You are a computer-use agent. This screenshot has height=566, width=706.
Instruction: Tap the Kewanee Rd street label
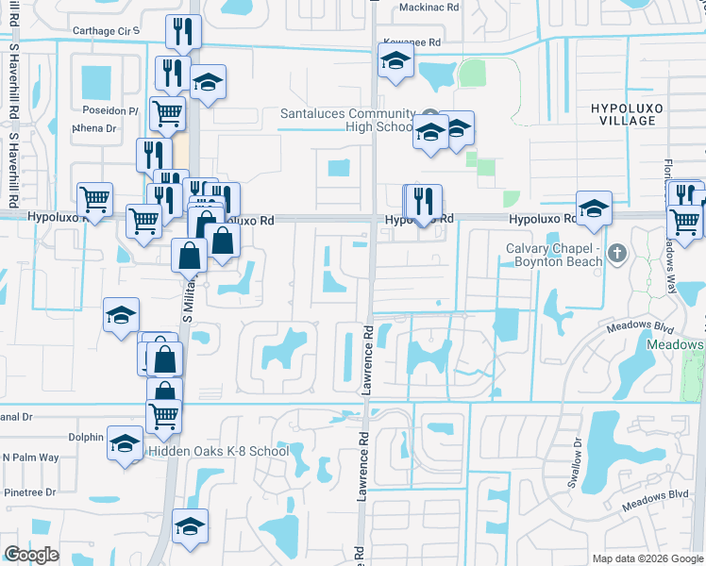click(412, 42)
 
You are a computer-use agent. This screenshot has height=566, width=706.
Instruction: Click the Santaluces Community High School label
click(346, 120)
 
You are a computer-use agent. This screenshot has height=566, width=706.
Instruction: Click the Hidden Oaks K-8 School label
click(218, 452)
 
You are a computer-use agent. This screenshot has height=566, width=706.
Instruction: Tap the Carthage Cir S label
click(107, 31)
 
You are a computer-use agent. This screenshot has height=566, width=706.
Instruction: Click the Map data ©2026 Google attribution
click(647, 558)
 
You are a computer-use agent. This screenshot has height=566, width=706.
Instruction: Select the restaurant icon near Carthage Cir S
click(182, 31)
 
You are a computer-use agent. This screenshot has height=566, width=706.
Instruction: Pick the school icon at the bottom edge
click(190, 525)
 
